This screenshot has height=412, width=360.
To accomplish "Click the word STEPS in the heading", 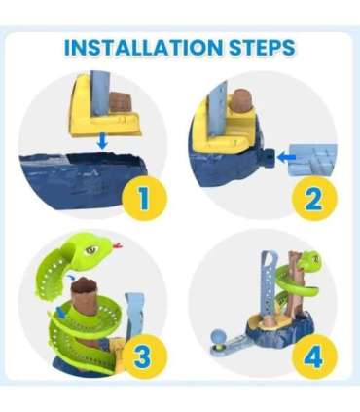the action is pos(262,48).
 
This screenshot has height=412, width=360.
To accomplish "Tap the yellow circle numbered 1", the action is pos(143,198).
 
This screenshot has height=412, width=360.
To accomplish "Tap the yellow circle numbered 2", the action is pos(313,198).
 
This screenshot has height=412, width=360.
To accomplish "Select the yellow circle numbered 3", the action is pos(143,356).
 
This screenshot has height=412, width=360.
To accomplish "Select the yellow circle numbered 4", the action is pos(313,357).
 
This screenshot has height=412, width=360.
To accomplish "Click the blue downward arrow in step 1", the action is pos(102,142).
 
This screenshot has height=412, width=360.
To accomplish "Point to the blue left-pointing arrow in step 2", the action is pos(287,157).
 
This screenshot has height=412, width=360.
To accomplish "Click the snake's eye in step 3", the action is pos(91,249).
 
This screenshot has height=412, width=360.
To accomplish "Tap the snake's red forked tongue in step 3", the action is pos(117,244).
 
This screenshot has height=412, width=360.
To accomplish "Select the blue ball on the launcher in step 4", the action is pos(216,336).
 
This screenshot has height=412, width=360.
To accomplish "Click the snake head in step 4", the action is pos(309,261).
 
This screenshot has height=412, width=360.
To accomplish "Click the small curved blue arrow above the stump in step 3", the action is pos(71,277).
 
